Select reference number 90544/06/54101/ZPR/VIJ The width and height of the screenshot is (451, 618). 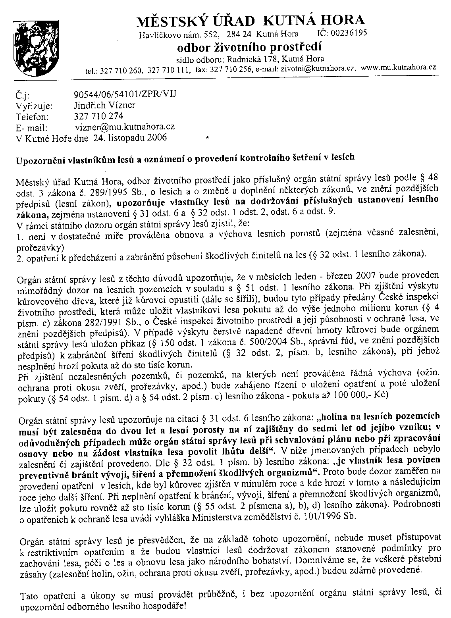tap(125, 94)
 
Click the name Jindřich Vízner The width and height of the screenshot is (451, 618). tap(104, 105)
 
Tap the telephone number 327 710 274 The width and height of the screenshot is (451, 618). tap(98, 116)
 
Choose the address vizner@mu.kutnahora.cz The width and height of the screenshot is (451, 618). tap(125, 127)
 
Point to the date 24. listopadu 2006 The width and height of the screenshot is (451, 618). tap(130, 138)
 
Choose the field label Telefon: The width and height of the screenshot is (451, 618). tap(33, 117)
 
